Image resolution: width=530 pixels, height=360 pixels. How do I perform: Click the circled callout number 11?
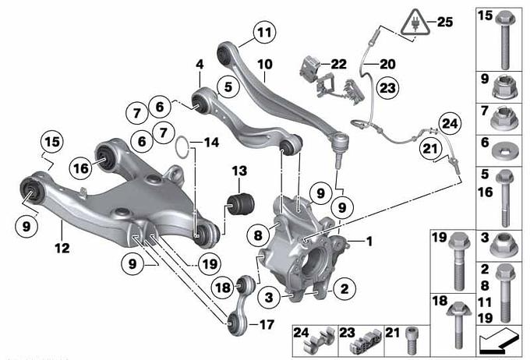[265, 33]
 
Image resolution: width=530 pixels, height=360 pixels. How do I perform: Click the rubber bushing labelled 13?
[239, 204]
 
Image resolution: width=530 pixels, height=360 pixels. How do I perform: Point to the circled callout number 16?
[81, 168]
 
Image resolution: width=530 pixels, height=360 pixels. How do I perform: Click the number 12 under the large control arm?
[62, 249]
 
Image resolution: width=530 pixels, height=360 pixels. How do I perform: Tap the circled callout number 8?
[258, 235]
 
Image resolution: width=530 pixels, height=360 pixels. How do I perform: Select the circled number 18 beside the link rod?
[222, 288]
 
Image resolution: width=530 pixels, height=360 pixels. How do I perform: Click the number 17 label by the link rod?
[266, 325]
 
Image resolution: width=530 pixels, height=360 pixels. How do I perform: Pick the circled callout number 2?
[344, 288]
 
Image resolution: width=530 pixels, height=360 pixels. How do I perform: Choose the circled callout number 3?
[269, 298]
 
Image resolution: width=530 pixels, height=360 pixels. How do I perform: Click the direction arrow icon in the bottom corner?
[498, 340]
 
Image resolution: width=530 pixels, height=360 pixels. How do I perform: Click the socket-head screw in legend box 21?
[411, 340]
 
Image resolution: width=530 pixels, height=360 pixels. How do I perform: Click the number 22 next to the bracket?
[339, 64]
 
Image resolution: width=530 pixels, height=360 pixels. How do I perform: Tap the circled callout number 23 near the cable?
[387, 88]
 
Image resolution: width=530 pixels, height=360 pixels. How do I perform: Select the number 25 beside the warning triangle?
[445, 23]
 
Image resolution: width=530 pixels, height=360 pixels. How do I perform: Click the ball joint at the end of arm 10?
[339, 148]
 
